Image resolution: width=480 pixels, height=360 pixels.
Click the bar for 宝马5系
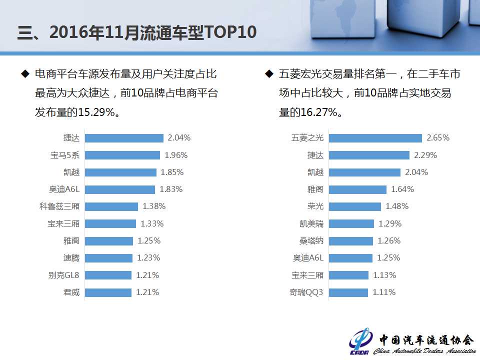(122, 155)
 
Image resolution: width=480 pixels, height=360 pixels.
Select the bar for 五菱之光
(375, 138)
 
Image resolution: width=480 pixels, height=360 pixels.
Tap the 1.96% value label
(176, 155)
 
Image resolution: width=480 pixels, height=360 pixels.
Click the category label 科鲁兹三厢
(59, 206)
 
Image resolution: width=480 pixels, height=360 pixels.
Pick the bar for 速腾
(108, 258)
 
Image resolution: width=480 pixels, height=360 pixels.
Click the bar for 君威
(108, 292)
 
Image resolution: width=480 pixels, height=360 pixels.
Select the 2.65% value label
(438, 138)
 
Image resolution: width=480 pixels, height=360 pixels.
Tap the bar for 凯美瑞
(351, 223)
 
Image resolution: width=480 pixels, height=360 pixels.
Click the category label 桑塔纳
(311, 241)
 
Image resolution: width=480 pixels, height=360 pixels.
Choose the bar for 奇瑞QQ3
(348, 292)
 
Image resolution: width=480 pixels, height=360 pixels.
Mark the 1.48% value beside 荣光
(397, 206)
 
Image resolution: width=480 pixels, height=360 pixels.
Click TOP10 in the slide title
(230, 32)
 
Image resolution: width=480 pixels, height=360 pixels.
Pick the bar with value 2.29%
(369, 155)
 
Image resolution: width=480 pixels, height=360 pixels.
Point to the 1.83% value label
(171, 189)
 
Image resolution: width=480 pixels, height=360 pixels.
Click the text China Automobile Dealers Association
(424, 351)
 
